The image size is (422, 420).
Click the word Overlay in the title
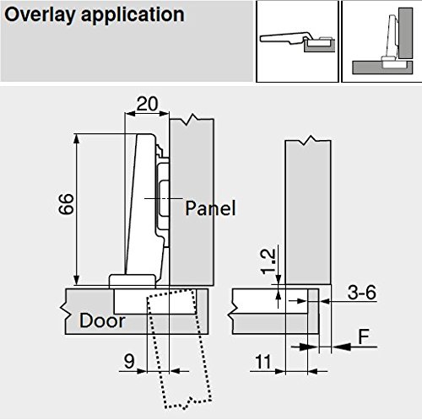click(x=40, y=15)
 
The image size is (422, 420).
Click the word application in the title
click(x=133, y=16)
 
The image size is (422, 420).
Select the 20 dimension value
click(x=148, y=104)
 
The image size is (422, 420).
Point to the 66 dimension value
click(x=67, y=204)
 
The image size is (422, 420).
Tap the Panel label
click(x=210, y=208)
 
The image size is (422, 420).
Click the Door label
click(x=102, y=320)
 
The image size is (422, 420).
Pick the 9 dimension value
click(x=129, y=361)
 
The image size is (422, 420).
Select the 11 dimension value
click(x=263, y=362)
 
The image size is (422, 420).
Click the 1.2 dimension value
click(x=268, y=261)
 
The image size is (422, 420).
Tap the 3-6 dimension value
click(x=362, y=293)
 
